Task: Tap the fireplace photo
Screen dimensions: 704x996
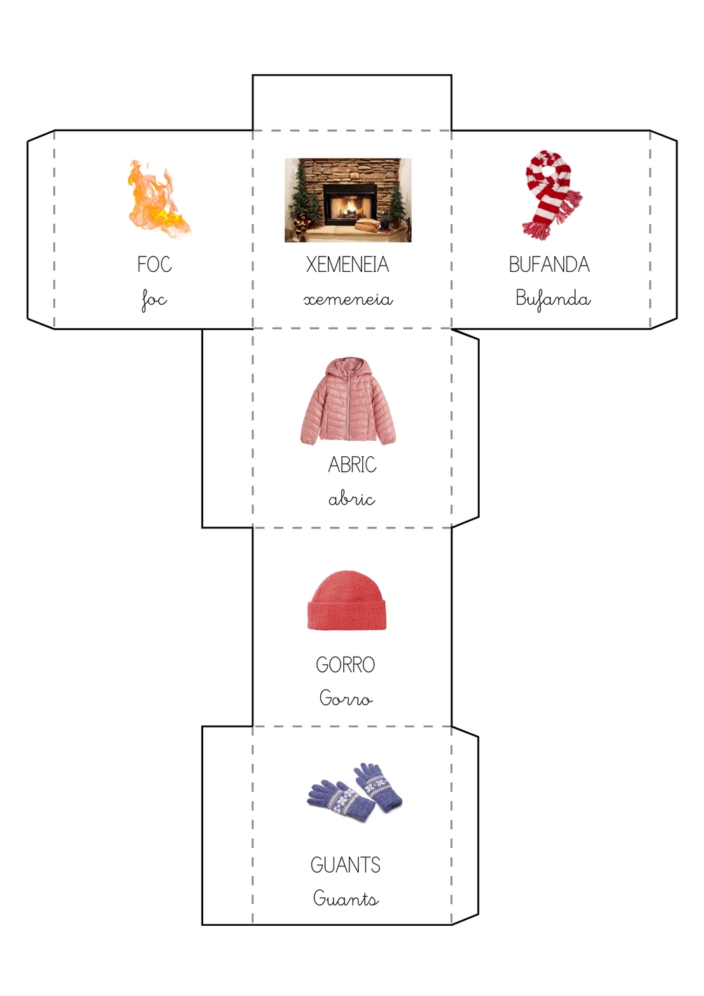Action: pos(348,200)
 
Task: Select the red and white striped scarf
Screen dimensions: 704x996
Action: pos(553,194)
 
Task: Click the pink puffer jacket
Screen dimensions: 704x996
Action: pos(347,401)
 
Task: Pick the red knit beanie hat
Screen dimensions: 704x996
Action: pos(347,600)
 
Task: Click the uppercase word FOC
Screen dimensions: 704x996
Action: pos(154,264)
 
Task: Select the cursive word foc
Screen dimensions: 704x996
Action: pos(154,300)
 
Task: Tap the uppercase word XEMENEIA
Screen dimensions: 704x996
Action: pos(347,264)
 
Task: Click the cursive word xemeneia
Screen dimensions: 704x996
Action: pos(348,299)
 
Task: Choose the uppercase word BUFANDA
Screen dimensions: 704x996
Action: pos(549,264)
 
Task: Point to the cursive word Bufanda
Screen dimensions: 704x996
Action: pos(553,299)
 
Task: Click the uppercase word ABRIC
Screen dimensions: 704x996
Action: pos(352,465)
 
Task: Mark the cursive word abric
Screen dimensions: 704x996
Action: pos(352,499)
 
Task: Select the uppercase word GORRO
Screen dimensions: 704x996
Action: pos(345,665)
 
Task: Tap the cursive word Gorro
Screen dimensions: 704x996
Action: pos(346,697)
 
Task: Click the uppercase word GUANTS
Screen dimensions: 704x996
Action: pos(345,865)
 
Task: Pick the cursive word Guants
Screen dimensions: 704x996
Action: pos(346,898)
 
